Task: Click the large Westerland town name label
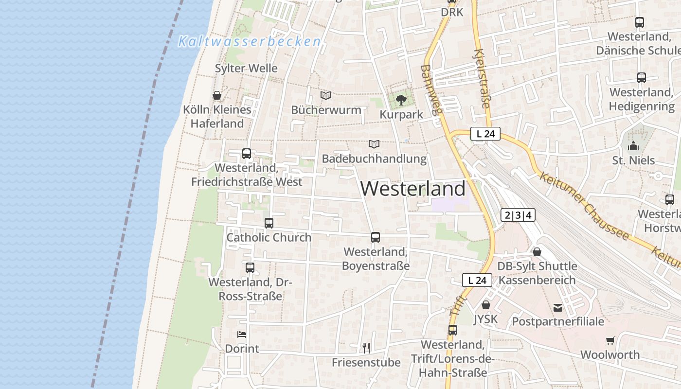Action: click(413, 189)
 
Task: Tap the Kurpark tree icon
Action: click(401, 100)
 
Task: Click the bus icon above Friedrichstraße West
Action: click(247, 154)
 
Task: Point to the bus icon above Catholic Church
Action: click(269, 223)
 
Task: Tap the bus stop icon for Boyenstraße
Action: click(376, 237)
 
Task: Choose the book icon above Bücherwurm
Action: click(326, 95)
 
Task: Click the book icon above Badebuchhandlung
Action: click(374, 144)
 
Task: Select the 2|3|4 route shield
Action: click(518, 215)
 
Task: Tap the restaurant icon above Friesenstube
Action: click(366, 348)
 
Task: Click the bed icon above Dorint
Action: click(242, 334)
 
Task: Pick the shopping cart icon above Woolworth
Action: click(610, 340)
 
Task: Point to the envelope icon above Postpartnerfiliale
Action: click(558, 307)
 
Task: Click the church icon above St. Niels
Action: click(633, 145)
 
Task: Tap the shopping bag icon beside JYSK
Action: click(485, 305)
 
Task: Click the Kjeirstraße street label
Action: click(482, 78)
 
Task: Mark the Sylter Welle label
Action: click(246, 68)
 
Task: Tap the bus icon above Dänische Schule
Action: click(640, 22)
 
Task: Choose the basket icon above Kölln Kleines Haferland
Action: click(217, 95)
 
